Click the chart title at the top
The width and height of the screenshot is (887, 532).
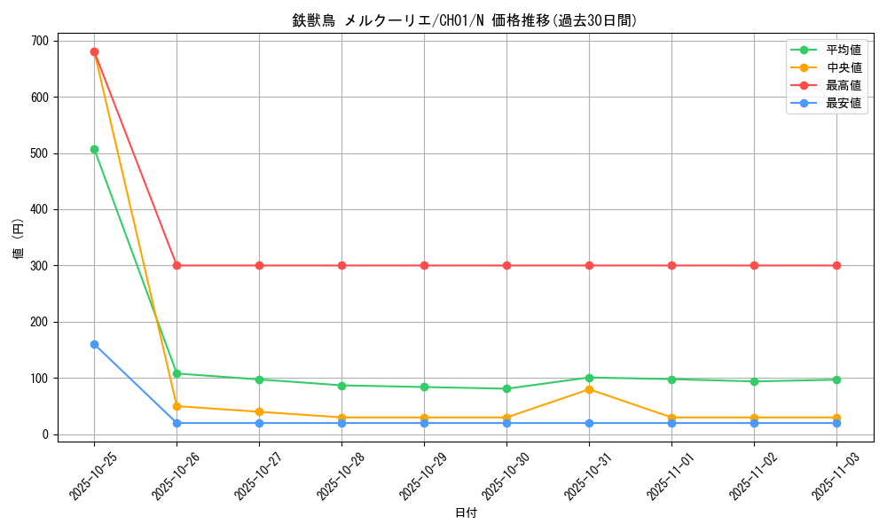pos(465,20)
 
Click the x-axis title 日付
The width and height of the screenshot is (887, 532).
pos(466,513)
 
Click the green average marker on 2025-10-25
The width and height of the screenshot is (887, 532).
pos(94,149)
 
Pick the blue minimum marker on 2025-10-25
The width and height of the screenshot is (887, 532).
pos(94,344)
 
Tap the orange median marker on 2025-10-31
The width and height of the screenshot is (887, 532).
pos(589,389)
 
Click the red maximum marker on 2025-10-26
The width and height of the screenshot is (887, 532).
pos(177,265)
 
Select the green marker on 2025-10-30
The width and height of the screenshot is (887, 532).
pos(506,388)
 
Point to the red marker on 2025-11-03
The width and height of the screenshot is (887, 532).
pos(836,265)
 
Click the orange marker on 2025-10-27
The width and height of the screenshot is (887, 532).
pos(259,411)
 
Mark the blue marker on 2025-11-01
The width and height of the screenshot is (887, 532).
pos(671,423)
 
